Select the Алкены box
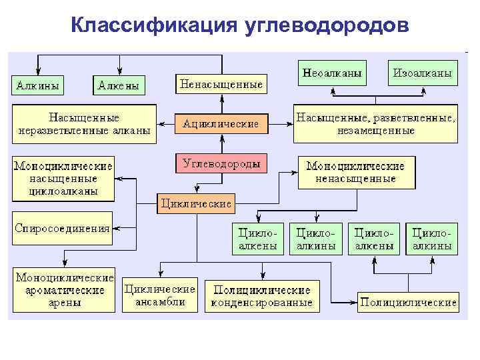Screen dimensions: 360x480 (119, 85)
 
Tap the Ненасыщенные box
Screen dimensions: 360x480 (221, 84)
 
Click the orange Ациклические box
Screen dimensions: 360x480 (221, 123)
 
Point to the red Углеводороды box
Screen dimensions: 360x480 (221, 163)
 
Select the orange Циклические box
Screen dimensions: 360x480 (197, 201)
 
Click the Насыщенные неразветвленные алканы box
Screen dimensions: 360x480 (85, 123)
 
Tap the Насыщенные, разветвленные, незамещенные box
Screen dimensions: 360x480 (375, 123)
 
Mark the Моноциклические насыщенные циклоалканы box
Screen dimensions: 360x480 (63, 179)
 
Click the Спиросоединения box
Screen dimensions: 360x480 (62, 228)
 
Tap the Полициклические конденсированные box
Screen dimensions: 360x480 (262, 296)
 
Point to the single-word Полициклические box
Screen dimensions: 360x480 (408, 302)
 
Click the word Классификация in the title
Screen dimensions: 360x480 (154, 25)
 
